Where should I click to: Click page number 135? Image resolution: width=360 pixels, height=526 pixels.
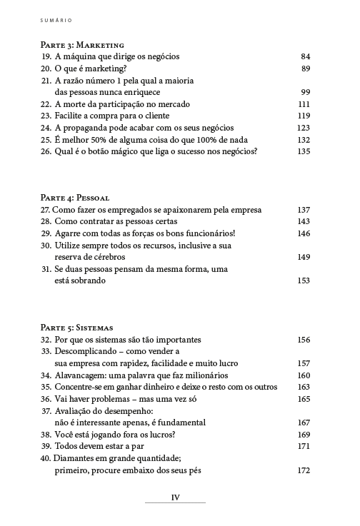[x=303, y=151]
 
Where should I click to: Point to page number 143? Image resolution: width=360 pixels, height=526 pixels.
[x=303, y=221]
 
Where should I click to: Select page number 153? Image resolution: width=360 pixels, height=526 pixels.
[x=303, y=280]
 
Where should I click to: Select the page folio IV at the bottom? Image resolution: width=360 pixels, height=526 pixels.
[x=175, y=498]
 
